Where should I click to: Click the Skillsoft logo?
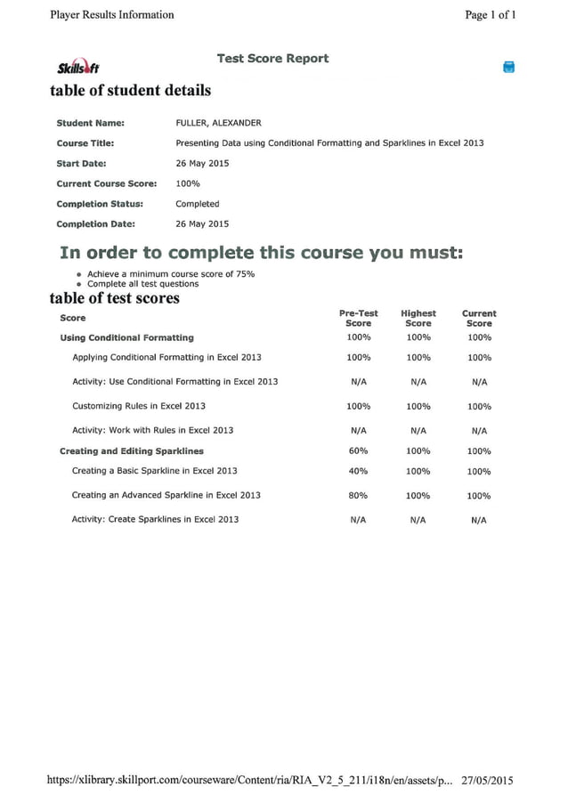pyautogui.click(x=77, y=68)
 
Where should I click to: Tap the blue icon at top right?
pyautogui.click(x=509, y=67)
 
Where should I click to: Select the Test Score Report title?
pyautogui.click(x=272, y=59)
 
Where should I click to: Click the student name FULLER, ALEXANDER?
pyautogui.click(x=218, y=124)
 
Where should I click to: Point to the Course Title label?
pyautogui.click(x=85, y=143)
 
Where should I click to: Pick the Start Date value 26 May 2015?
pyautogui.click(x=202, y=164)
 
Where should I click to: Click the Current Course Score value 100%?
pyautogui.click(x=188, y=183)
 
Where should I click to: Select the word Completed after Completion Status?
pyautogui.click(x=197, y=204)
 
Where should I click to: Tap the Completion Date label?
pyautogui.click(x=96, y=224)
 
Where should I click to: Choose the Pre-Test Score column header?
pyautogui.click(x=359, y=319)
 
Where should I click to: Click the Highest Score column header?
pyautogui.click(x=418, y=319)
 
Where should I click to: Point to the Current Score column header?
pyautogui.click(x=479, y=319)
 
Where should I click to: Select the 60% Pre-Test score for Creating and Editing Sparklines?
pyautogui.click(x=359, y=451)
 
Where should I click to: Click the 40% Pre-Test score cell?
pyautogui.click(x=359, y=472)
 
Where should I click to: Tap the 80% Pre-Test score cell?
pyautogui.click(x=359, y=496)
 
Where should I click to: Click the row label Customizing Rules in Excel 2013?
pyautogui.click(x=139, y=406)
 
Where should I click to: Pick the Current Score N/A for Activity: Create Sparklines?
pyautogui.click(x=479, y=520)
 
